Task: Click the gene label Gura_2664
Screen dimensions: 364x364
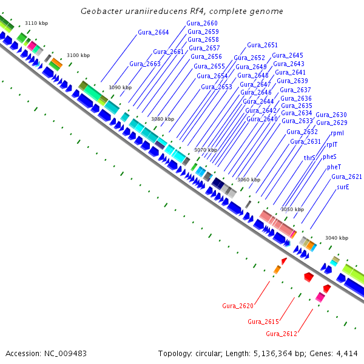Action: (x=153, y=32)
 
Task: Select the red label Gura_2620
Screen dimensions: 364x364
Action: (x=238, y=305)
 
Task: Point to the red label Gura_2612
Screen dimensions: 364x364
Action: (x=281, y=334)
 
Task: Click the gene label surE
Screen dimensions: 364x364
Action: (x=343, y=187)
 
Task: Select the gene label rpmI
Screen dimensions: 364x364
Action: (x=338, y=132)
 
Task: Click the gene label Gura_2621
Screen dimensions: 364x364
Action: (x=346, y=177)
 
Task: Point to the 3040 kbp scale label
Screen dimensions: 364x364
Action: (x=337, y=238)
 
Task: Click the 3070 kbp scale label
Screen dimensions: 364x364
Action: (x=205, y=149)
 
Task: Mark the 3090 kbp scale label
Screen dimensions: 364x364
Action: (x=120, y=87)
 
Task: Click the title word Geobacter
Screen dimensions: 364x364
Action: (x=101, y=12)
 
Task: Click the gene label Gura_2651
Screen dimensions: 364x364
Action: (x=262, y=45)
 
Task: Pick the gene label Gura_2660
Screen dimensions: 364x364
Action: (x=203, y=23)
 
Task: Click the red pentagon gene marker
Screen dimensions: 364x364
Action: (x=309, y=277)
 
